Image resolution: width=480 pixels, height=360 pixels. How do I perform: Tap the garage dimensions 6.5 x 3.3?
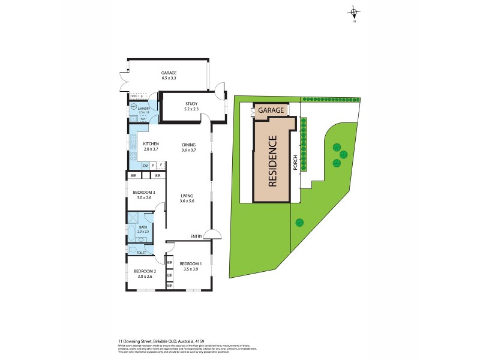(x=169, y=79)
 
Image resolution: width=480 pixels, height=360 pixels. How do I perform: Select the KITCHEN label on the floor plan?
(x=151, y=144)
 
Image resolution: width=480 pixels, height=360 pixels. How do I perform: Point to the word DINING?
(x=189, y=144)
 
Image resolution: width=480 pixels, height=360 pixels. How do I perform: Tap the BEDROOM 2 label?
(x=142, y=271)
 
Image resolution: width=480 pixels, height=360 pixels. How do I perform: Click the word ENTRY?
(x=196, y=236)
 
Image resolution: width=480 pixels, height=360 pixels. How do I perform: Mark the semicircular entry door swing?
(x=209, y=235)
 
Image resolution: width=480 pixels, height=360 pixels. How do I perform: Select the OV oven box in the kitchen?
(x=145, y=165)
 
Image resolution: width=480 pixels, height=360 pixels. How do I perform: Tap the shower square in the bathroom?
(x=133, y=218)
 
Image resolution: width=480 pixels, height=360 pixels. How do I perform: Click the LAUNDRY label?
(x=144, y=109)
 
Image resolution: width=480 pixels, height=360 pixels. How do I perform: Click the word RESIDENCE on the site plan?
(x=272, y=161)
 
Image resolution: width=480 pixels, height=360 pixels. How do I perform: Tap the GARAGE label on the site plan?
(x=271, y=110)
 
